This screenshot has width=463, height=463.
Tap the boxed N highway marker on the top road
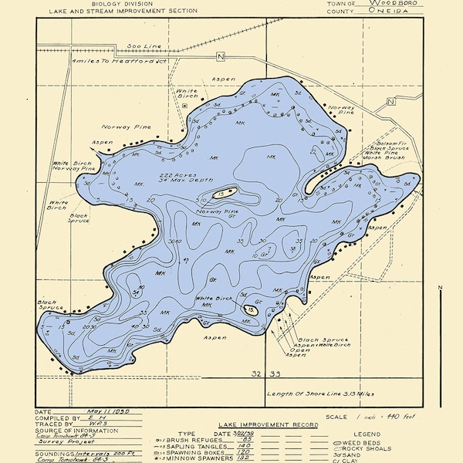click(220, 56)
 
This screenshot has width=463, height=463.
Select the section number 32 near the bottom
click(255, 373)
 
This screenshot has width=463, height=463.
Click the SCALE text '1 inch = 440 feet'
click(370, 417)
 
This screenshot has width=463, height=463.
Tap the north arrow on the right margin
click(441, 309)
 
